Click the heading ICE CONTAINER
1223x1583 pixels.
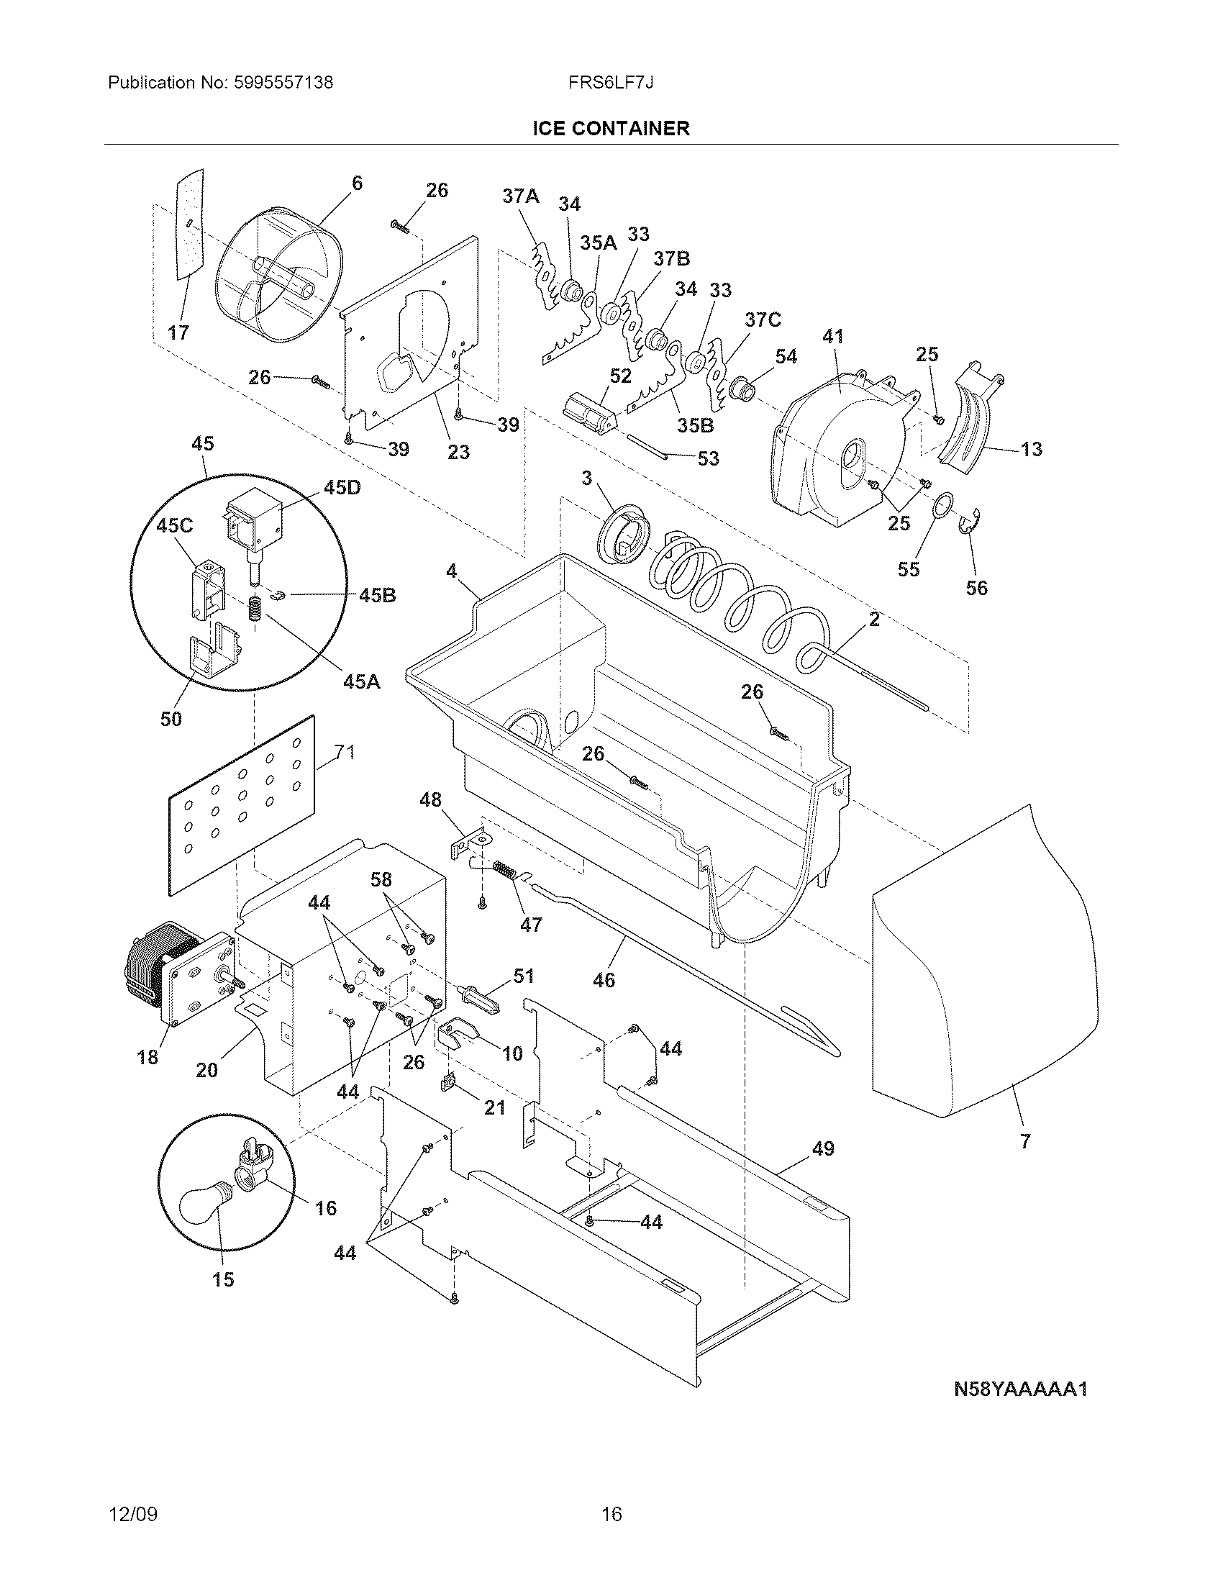tap(611, 129)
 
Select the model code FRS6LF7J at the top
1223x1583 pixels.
tap(611, 83)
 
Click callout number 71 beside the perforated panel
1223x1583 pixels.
tap(345, 753)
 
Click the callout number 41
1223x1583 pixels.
tap(833, 336)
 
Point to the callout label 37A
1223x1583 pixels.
tap(521, 196)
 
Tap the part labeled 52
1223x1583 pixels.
tap(588, 413)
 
